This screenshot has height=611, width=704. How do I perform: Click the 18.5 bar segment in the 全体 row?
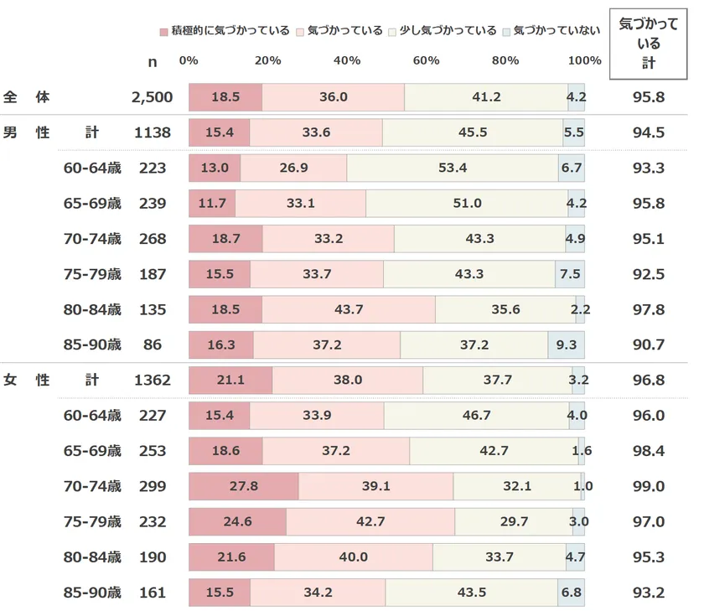(x=225, y=97)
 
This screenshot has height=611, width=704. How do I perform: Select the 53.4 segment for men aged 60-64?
(x=453, y=168)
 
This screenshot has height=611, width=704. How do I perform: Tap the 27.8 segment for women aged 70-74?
(x=243, y=486)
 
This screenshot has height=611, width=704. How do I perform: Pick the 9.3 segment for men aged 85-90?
(x=567, y=344)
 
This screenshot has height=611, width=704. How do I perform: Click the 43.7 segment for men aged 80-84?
(x=349, y=309)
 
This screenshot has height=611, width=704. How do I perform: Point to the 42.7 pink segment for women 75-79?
(x=370, y=521)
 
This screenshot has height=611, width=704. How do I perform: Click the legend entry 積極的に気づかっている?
(x=224, y=31)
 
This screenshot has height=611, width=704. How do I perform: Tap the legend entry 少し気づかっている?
(x=443, y=31)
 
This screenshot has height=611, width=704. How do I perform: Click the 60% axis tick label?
(x=426, y=60)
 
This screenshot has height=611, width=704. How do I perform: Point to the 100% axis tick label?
(x=584, y=60)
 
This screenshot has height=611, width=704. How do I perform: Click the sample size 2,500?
(x=152, y=97)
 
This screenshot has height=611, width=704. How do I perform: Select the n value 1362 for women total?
(x=152, y=380)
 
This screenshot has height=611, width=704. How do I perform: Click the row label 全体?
(x=27, y=97)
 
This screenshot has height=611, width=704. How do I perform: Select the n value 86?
(x=152, y=344)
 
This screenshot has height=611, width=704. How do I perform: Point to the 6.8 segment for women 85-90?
(x=571, y=593)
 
